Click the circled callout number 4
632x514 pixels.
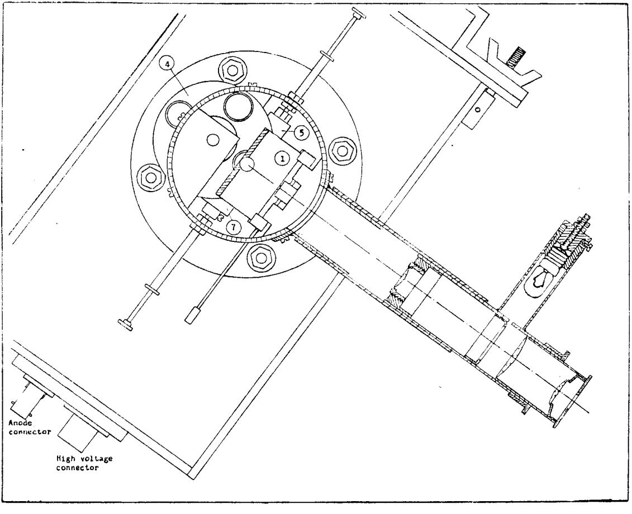pyautogui.click(x=167, y=63)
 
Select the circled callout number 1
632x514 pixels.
pyautogui.click(x=282, y=159)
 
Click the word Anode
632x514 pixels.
pyautogui.click(x=21, y=423)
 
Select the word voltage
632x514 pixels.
pyautogui.click(x=95, y=459)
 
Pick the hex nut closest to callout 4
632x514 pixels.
pyautogui.click(x=232, y=70)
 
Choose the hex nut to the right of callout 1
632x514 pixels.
pyautogui.click(x=342, y=151)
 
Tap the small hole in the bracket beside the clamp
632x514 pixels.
pyautogui.click(x=478, y=109)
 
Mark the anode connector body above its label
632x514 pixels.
pyautogui.click(x=27, y=402)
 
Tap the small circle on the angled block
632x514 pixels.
pyautogui.click(x=212, y=140)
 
